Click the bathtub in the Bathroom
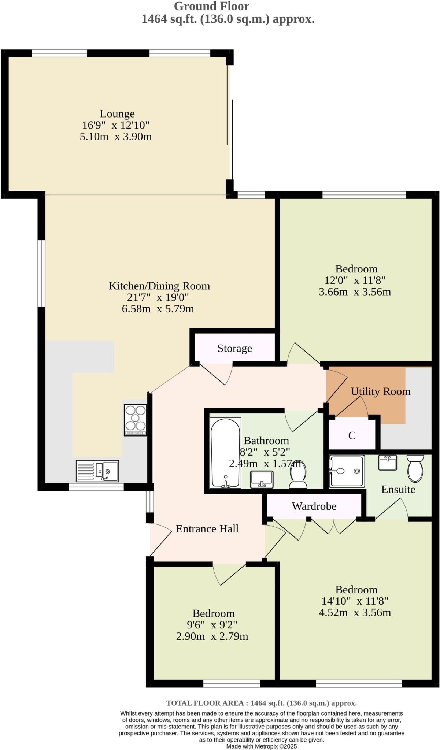(225, 453)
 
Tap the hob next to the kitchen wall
(136, 420)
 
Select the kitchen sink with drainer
(97, 471)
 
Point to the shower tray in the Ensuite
(347, 471)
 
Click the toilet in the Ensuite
(415, 468)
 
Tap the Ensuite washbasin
(388, 463)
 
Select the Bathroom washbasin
(262, 479)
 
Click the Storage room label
(234, 348)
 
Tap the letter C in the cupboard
(352, 435)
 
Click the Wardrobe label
(314, 506)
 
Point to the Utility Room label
(380, 391)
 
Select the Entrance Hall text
(207, 528)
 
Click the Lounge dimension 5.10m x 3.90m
(116, 137)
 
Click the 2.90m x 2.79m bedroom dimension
(212, 636)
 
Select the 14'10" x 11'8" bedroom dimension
(355, 601)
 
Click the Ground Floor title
(212, 6)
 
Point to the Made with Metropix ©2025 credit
(261, 746)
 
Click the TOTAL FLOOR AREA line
(261, 703)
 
